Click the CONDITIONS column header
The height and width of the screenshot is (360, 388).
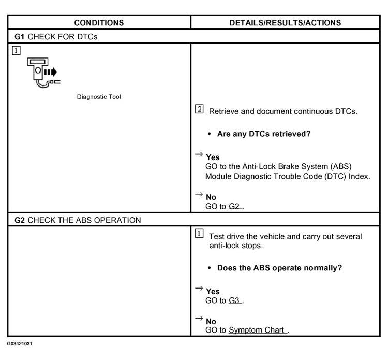[99, 23]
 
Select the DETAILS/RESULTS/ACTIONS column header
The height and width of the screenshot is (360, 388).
[285, 23]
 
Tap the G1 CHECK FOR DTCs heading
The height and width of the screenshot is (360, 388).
[56, 37]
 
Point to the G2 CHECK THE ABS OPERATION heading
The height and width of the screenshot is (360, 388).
[78, 220]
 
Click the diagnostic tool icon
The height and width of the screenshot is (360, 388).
[42, 72]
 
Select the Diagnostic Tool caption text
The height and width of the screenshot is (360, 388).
[99, 97]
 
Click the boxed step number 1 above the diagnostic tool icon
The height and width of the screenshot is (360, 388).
[17, 51]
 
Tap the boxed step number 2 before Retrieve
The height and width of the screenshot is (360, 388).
[199, 110]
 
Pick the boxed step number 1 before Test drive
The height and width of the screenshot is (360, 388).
[199, 234]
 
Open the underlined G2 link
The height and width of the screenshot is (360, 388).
[235, 206]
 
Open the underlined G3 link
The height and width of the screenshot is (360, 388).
[235, 300]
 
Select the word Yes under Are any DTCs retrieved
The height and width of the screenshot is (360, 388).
[213, 157]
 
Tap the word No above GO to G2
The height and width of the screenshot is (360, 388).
[211, 197]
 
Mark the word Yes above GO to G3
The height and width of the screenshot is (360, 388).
[213, 291]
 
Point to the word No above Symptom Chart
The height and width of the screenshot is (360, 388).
[211, 321]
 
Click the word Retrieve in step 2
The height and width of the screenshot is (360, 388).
[224, 111]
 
